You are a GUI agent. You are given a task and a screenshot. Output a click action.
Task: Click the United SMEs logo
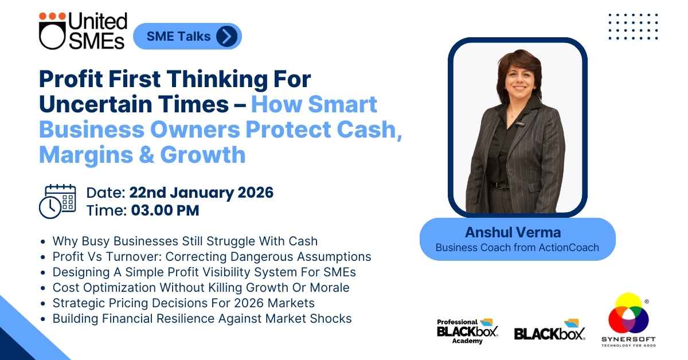[x=83, y=31]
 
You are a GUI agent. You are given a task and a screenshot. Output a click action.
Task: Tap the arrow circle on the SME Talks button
[x=226, y=36]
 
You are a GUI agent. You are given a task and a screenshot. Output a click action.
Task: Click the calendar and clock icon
[x=57, y=202]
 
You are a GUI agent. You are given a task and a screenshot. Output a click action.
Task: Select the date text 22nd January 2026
[x=201, y=193]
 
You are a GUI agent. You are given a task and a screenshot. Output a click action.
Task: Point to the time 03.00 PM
[x=165, y=211]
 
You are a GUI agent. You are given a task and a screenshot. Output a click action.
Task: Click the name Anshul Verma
[x=513, y=232]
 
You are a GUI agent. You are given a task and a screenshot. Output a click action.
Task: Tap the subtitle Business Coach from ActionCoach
[x=517, y=248]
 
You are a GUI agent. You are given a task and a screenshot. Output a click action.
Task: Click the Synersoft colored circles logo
[x=628, y=319]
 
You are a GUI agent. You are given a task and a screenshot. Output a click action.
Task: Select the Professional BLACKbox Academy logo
[x=467, y=331]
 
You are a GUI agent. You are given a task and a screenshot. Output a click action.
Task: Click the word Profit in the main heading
[x=71, y=80]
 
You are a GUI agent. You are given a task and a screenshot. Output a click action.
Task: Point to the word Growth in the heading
[x=203, y=155]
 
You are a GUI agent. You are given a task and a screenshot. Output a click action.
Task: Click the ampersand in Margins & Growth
[x=147, y=155]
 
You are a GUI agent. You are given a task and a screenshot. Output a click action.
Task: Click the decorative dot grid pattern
[x=633, y=26]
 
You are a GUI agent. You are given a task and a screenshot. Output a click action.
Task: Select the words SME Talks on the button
[x=178, y=36]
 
